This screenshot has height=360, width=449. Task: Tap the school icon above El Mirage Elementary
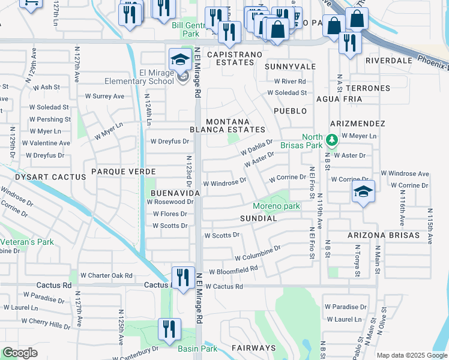pyautogui.click(x=179, y=59)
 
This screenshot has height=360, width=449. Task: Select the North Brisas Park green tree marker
pyautogui.click(x=331, y=141)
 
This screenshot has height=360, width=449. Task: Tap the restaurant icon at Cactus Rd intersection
pyautogui.click(x=183, y=277)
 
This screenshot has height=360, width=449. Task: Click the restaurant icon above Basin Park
pyautogui.click(x=169, y=329)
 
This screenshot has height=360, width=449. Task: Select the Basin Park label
pyautogui.click(x=197, y=348)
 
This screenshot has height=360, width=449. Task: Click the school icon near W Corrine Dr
pyautogui.click(x=363, y=191)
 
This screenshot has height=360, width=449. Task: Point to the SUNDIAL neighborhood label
pyautogui.click(x=258, y=219)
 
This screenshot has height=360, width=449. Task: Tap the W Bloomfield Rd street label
pyautogui.click(x=233, y=271)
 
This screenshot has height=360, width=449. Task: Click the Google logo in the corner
pyautogui.click(x=20, y=353)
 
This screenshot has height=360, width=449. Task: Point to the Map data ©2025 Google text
pyautogui.click(x=411, y=355)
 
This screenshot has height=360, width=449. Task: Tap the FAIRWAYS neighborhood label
pyautogui.click(x=253, y=348)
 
